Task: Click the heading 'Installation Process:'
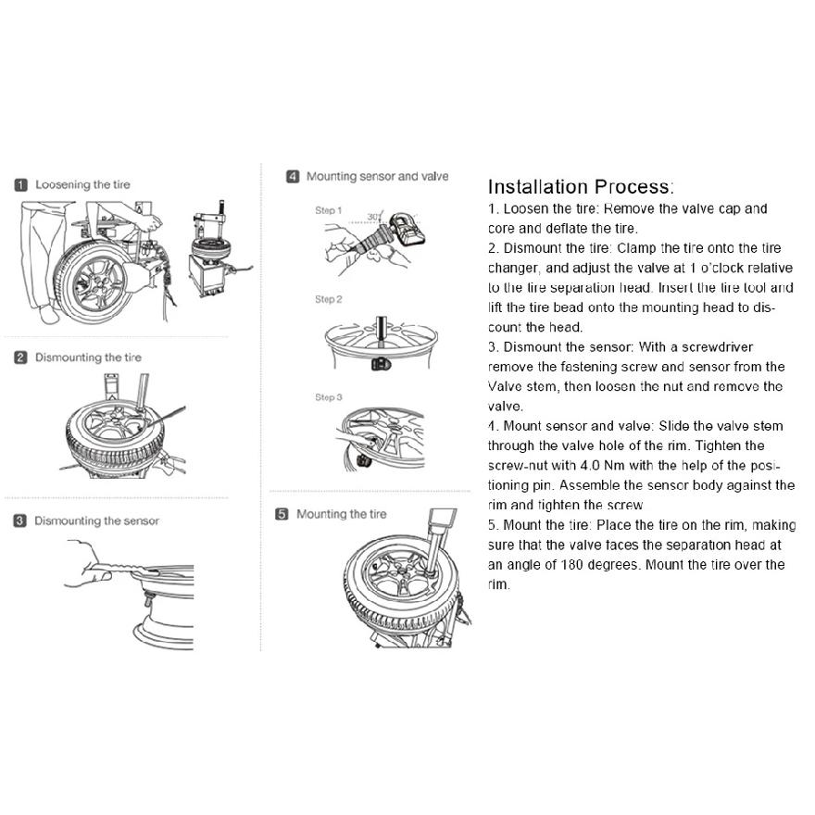pyautogui.click(x=581, y=186)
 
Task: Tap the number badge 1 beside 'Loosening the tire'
pyautogui.click(x=20, y=185)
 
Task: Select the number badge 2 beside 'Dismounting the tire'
pyautogui.click(x=20, y=357)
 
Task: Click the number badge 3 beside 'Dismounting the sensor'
pyautogui.click(x=19, y=520)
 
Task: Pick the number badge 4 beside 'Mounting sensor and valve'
pyautogui.click(x=293, y=177)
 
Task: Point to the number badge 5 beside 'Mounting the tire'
pyautogui.click(x=282, y=515)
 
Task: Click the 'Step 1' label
pyautogui.click(x=329, y=210)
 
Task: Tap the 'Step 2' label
pyautogui.click(x=329, y=299)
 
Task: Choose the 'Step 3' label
pyautogui.click(x=329, y=397)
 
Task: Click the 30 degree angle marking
pyautogui.click(x=374, y=217)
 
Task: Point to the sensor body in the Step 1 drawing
pyautogui.click(x=407, y=230)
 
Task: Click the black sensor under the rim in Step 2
pyautogui.click(x=381, y=363)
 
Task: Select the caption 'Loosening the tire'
pyautogui.click(x=82, y=184)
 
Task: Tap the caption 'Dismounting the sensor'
pyautogui.click(x=96, y=520)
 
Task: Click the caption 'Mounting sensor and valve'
pyautogui.click(x=377, y=176)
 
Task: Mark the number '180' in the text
pyautogui.click(x=571, y=564)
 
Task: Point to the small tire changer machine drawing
pyautogui.click(x=218, y=249)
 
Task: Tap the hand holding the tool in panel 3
pyautogui.click(x=86, y=565)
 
